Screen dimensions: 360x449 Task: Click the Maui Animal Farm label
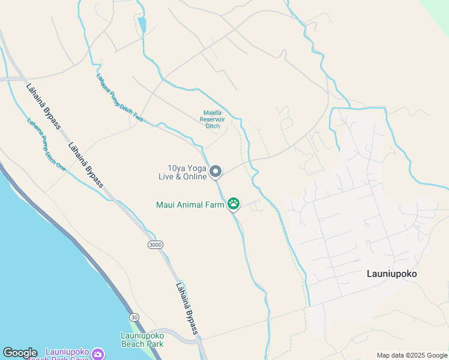tap(190, 205)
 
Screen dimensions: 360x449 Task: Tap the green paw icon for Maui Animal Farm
tap(234, 204)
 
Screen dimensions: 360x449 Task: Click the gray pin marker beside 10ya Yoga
tap(216, 172)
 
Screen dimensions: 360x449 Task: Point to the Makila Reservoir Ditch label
tap(212, 119)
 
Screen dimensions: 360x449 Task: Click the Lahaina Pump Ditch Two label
tap(119, 98)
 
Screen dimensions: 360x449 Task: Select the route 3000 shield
tap(155, 245)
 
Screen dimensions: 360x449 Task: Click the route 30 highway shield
tap(134, 317)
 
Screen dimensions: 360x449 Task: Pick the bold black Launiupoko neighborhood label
tap(391, 274)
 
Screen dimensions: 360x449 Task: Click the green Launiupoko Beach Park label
tap(142, 340)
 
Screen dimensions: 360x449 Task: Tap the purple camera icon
tap(97, 354)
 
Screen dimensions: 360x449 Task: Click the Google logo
tap(20, 353)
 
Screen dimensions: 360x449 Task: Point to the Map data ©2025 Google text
tap(411, 355)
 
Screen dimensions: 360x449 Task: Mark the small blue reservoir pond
tap(142, 25)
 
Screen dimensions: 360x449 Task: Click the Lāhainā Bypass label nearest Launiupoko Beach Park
tap(188, 308)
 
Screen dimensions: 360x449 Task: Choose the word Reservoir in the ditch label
tap(212, 119)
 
